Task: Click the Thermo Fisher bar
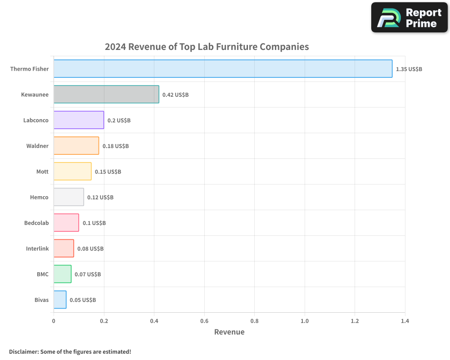pyautogui.click(x=223, y=69)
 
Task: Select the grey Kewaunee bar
pyautogui.click(x=106, y=94)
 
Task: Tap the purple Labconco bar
pyautogui.click(x=79, y=120)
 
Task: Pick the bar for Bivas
pyautogui.click(x=60, y=300)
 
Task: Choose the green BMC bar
pyautogui.click(x=63, y=274)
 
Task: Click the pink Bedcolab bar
pyautogui.click(x=66, y=223)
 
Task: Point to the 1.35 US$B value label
pyautogui.click(x=409, y=69)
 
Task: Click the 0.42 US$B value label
pyautogui.click(x=175, y=95)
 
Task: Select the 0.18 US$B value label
pyautogui.click(x=115, y=146)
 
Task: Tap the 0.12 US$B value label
pyautogui.click(x=100, y=198)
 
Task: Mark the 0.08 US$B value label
pyautogui.click(x=90, y=249)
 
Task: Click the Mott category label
pyautogui.click(x=42, y=172)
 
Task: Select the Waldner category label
pyautogui.click(x=37, y=146)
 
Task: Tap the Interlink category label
pyautogui.click(x=37, y=249)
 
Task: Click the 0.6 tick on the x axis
pyautogui.click(x=204, y=321)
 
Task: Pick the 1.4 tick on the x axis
pyautogui.click(x=405, y=321)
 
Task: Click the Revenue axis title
pyautogui.click(x=229, y=332)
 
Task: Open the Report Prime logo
pyautogui.click(x=409, y=18)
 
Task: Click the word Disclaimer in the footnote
pyautogui.click(x=23, y=351)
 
